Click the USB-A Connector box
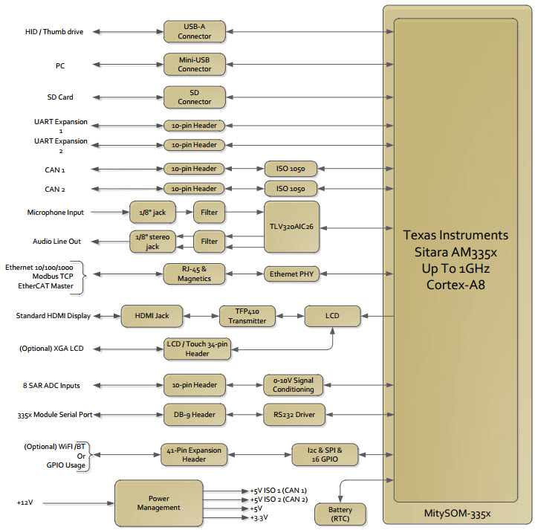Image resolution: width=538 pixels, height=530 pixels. [194, 31]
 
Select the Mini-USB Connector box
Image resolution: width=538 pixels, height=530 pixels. [194, 64]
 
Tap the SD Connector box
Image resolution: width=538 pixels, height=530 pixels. [194, 97]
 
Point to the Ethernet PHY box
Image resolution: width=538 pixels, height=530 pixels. [291, 274]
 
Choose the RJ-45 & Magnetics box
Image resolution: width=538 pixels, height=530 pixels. [194, 274]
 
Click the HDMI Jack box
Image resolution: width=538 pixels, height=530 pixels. [152, 316]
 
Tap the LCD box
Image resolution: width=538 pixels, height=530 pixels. [332, 316]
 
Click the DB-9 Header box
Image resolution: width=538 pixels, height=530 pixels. [194, 414]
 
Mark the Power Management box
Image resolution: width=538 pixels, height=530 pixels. [158, 502]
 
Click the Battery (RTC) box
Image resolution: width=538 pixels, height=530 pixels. [340, 513]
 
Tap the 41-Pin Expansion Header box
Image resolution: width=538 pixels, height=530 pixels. [194, 454]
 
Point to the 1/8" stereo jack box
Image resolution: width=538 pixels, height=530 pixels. [152, 241]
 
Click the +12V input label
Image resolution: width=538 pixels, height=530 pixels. [25, 502]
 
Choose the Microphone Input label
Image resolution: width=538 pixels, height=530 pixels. [56, 213]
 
